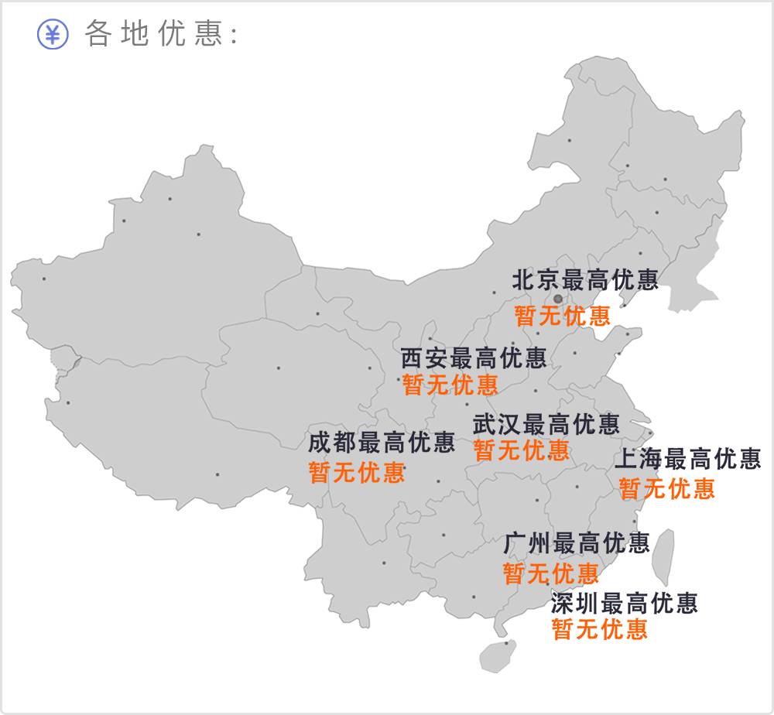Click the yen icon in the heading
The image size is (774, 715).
point(53,34)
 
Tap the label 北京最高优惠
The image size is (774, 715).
point(585,280)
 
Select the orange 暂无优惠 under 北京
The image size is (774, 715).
point(563,316)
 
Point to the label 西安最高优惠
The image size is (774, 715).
point(474,358)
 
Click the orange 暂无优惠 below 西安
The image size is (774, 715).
point(450,385)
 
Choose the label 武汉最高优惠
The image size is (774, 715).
point(546,424)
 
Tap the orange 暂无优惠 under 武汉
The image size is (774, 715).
point(522,450)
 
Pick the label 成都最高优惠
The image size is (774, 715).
point(382,443)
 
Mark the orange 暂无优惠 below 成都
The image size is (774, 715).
point(357,472)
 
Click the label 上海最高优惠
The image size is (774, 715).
point(688,460)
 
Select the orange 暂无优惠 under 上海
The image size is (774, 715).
point(667,488)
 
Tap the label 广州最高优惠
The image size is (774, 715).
point(577,543)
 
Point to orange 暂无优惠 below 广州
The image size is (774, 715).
point(551,573)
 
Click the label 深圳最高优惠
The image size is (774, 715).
point(625,603)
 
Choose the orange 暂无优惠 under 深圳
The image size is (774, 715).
point(600,629)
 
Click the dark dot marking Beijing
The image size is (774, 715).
point(558,299)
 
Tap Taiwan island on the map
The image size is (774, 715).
point(662,557)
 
